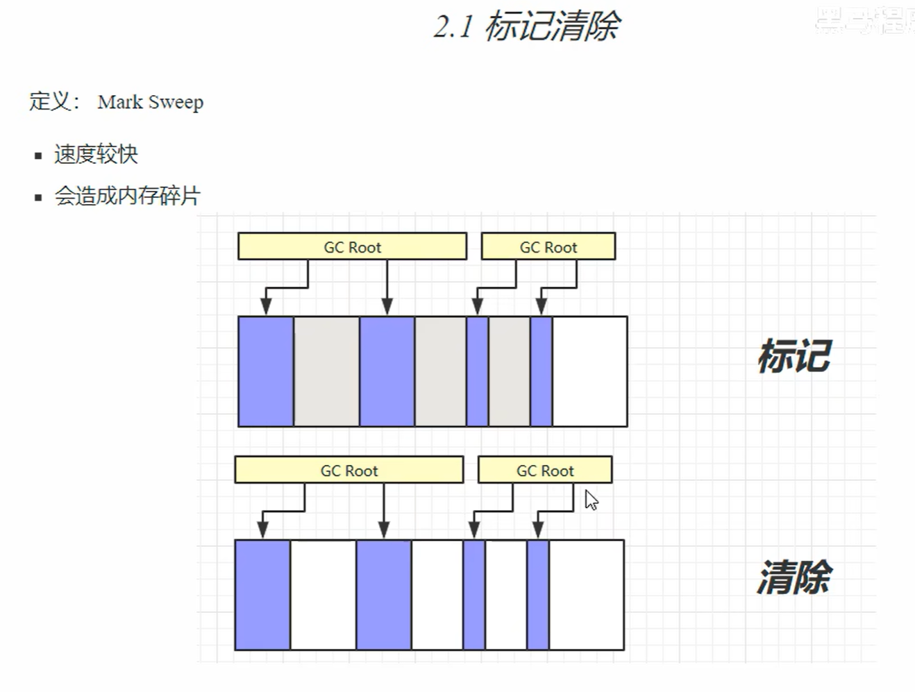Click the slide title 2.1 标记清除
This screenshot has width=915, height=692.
527,27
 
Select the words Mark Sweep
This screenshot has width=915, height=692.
150,102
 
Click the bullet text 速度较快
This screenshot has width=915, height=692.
96,154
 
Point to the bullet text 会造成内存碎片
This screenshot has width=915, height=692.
127,196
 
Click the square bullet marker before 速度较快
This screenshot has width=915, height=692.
38,155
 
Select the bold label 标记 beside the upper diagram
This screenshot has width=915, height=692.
794,357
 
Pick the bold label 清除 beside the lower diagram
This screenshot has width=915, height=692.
794,577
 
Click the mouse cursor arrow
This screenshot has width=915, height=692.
590,500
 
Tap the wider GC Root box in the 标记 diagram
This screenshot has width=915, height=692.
352,246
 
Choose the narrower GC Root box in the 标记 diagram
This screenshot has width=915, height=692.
548,246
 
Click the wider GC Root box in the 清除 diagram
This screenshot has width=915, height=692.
349,470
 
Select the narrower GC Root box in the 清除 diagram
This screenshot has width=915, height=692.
544,470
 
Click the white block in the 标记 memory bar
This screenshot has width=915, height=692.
589,371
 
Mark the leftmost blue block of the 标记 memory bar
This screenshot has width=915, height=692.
265,371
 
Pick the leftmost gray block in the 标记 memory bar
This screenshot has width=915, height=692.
326,371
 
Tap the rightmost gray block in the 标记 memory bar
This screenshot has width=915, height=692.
509,371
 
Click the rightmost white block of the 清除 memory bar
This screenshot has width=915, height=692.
586,595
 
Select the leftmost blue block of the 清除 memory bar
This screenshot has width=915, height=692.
262,595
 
